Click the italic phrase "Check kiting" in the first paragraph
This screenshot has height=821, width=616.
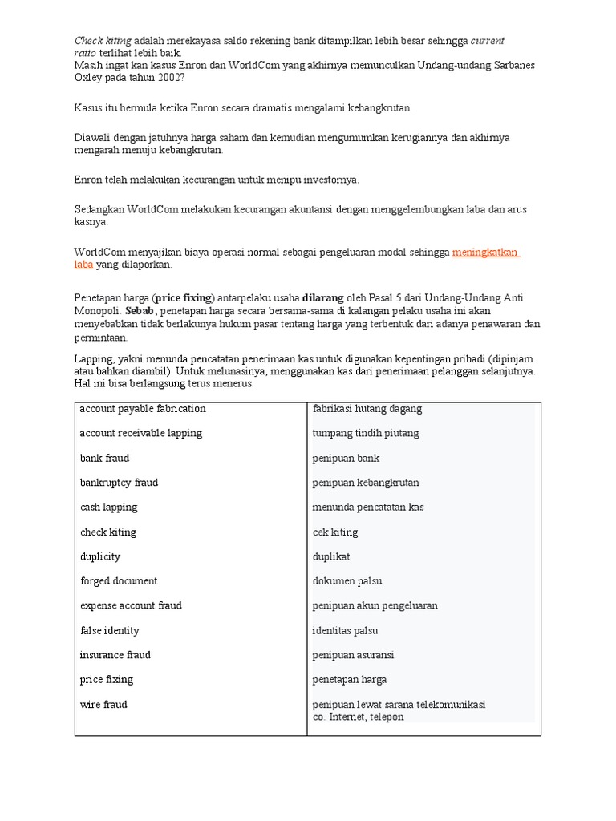pyautogui.click(x=103, y=41)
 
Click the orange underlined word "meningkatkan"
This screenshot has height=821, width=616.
pyautogui.click(x=485, y=253)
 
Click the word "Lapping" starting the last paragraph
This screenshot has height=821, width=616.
pyautogui.click(x=92, y=358)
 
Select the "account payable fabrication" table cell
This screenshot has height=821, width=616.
pyautogui.click(x=143, y=409)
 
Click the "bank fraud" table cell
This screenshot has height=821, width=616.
pyautogui.click(x=104, y=459)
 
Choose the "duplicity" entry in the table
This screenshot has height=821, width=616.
pyautogui.click(x=99, y=556)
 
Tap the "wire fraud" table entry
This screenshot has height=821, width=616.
pyautogui.click(x=103, y=705)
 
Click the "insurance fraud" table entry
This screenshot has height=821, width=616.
pyautogui.click(x=115, y=655)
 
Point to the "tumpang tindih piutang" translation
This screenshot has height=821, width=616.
pyautogui.click(x=366, y=434)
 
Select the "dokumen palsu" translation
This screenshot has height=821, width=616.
pyautogui.click(x=347, y=581)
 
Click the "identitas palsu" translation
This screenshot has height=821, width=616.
pyautogui.click(x=345, y=631)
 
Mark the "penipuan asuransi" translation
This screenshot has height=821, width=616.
pyautogui.click(x=353, y=655)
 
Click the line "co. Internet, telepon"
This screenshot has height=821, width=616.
pyautogui.click(x=359, y=717)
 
